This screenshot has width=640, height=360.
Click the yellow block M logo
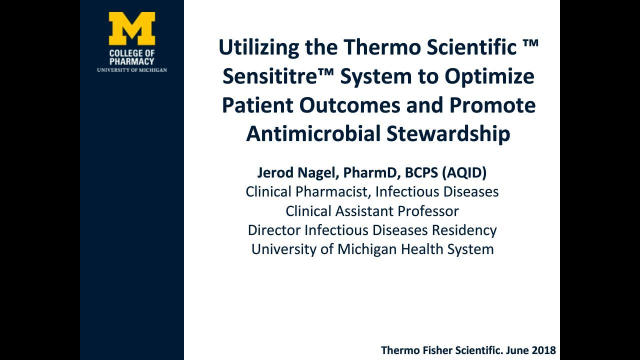(x=132, y=28)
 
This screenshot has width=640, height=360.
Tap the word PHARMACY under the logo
(x=131, y=61)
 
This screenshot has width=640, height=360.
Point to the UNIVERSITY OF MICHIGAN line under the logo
(x=131, y=70)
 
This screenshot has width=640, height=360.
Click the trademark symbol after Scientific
(x=531, y=43)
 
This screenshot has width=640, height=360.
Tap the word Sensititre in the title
(x=270, y=76)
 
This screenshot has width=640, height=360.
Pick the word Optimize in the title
(x=489, y=77)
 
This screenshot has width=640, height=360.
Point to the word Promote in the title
(x=492, y=105)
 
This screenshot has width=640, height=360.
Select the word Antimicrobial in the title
(x=313, y=133)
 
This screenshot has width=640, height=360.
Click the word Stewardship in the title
(x=448, y=133)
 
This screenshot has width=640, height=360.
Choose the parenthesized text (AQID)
(x=464, y=173)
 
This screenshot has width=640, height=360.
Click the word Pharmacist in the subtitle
(x=333, y=191)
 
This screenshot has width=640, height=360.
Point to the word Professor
(x=428, y=211)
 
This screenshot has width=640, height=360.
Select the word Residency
(x=464, y=230)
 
